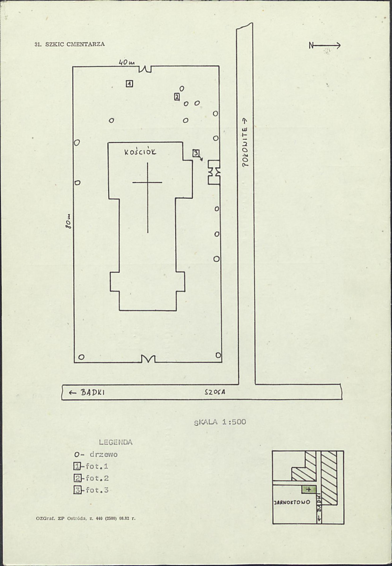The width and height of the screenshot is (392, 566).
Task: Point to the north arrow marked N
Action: [324, 45]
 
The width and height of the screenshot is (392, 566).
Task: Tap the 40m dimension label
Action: [127, 62]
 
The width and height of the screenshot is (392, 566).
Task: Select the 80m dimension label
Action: [68, 221]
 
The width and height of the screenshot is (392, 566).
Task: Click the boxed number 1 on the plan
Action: [129, 84]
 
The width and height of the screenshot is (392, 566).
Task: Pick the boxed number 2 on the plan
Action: [177, 97]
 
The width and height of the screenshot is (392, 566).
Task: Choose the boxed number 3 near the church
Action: [196, 153]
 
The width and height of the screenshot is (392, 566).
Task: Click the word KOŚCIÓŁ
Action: [140, 152]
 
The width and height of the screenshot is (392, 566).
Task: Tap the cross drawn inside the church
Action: [147, 183]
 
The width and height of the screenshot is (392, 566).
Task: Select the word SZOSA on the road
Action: [215, 393]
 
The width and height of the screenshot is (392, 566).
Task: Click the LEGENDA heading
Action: [116, 442]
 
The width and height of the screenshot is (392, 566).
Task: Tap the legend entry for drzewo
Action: [96, 455]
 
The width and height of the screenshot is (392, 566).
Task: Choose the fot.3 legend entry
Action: [92, 490]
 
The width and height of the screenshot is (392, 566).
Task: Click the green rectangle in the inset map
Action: [309, 490]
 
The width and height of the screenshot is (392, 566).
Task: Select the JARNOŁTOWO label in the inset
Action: [292, 502]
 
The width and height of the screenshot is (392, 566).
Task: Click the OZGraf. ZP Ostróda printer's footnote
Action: [85, 518]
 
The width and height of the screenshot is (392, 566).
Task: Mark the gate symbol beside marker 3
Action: [214, 172]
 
